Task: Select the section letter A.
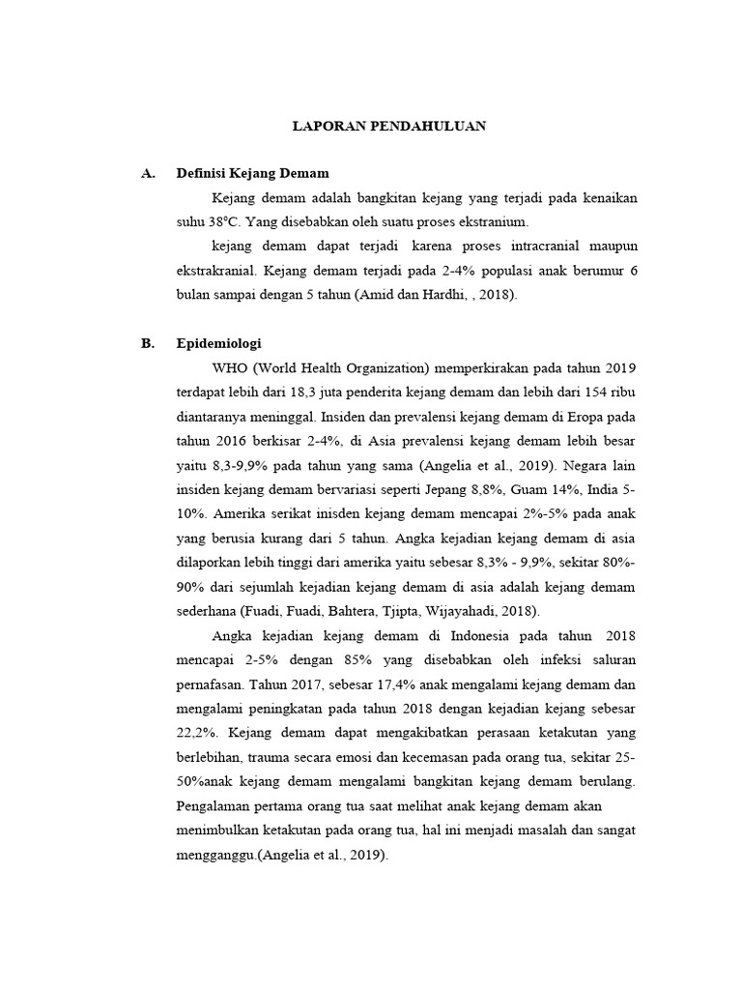click(x=148, y=173)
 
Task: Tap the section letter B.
click(x=148, y=343)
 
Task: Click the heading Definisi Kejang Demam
click(x=253, y=173)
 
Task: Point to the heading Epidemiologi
click(x=219, y=343)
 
